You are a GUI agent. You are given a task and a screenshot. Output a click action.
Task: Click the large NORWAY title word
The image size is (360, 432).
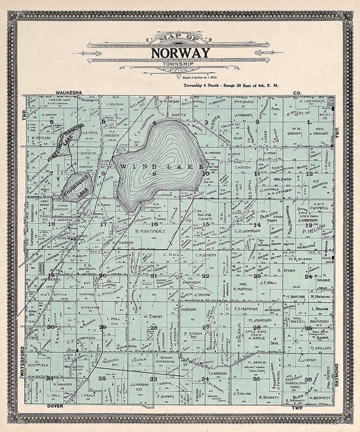[x=181, y=53]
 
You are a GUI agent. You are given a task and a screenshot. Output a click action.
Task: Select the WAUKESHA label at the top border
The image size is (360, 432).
[x=69, y=93]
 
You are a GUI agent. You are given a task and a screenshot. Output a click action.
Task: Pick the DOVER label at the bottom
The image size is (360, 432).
[x=55, y=406]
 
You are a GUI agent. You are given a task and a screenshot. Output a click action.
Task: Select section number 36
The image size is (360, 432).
[x=308, y=379]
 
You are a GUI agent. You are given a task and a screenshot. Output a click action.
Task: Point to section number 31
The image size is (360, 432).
[x=50, y=378]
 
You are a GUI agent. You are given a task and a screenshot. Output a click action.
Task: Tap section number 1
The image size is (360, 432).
[x=310, y=122]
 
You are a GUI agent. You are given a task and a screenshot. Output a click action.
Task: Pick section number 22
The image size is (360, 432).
[x=206, y=276]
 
